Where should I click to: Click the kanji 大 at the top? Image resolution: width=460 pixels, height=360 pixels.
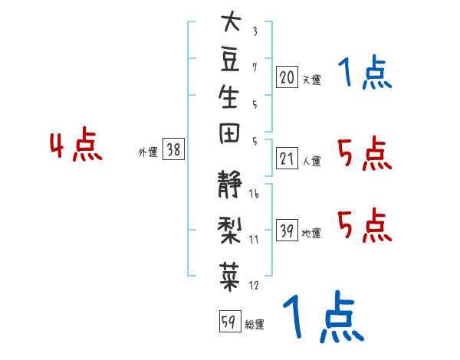(232, 21)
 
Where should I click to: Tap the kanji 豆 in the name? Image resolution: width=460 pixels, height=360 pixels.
(230, 60)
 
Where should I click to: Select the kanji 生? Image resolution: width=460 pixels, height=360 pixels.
(228, 97)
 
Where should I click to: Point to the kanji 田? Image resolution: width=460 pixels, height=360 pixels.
(229, 133)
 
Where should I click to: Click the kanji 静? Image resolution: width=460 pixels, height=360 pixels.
(229, 184)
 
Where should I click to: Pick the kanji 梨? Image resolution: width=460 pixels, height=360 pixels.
(229, 230)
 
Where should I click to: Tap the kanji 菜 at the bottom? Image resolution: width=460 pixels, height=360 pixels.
(229, 277)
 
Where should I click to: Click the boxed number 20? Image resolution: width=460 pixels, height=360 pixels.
(287, 77)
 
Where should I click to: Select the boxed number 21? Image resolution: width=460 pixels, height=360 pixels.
(287, 159)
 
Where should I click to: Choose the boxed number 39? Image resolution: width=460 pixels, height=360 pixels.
(287, 230)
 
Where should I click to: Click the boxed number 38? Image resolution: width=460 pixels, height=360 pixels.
(173, 149)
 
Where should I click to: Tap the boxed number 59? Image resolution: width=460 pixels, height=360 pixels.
(230, 321)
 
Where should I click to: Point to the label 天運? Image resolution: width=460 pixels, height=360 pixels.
(312, 80)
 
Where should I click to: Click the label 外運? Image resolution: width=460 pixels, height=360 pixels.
(148, 152)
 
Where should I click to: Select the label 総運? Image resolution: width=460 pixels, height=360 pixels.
(255, 324)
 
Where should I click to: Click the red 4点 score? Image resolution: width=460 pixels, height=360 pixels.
(76, 144)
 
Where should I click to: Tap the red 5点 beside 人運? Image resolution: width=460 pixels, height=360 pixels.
(365, 153)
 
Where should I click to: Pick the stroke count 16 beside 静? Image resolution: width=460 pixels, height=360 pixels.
(254, 193)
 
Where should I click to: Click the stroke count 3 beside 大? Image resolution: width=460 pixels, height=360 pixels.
(255, 31)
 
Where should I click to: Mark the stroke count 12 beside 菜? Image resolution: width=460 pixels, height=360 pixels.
(254, 285)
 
